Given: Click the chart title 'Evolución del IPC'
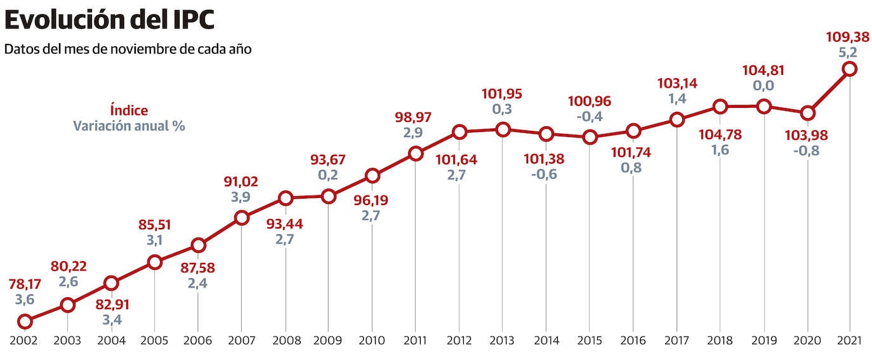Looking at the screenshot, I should coord(109,20).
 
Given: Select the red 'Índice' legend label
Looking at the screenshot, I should coord(129,110).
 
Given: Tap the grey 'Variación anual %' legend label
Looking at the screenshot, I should coord(129,125).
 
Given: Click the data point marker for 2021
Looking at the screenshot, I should coord(850,69).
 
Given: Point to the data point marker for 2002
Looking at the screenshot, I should coord(25,321).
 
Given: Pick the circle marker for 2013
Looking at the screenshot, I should coord(503,130).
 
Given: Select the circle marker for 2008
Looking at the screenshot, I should coord(286,198).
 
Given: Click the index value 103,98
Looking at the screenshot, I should coord(807,136).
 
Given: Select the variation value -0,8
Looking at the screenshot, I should coord(807,151).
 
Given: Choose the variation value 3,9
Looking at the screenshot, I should coord(241,197).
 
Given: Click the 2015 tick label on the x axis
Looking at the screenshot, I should coord(590,341).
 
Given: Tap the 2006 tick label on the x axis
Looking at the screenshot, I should coord(198,341).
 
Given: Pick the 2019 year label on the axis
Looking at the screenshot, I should coord(763,341).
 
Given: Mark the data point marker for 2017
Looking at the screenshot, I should coord(677,119).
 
